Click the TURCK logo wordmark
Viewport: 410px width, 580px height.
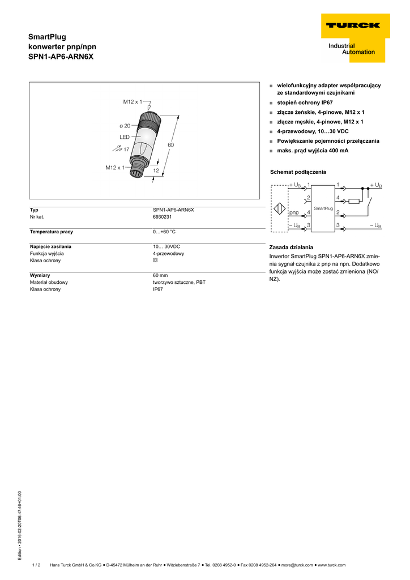[352, 25]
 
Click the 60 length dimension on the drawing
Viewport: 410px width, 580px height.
[170, 146]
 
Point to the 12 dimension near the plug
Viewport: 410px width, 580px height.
[156, 170]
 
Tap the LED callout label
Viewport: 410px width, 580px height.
[125, 137]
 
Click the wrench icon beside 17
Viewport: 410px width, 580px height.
[117, 148]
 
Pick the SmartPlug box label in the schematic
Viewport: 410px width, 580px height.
[323, 209]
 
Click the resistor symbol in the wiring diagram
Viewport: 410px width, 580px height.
[355, 201]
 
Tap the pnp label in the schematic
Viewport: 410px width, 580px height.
[294, 212]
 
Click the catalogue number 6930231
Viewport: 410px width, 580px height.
[163, 217]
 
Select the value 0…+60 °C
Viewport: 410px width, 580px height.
[164, 232]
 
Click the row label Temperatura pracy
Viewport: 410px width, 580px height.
[52, 232]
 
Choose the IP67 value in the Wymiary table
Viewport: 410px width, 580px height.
[157, 289]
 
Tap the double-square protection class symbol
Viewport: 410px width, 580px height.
[155, 261]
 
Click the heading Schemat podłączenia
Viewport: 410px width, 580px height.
[298, 172]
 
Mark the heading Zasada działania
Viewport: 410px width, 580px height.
[291, 248]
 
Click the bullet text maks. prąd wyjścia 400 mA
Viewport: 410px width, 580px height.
[313, 151]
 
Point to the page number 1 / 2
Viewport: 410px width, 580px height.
[36, 565]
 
